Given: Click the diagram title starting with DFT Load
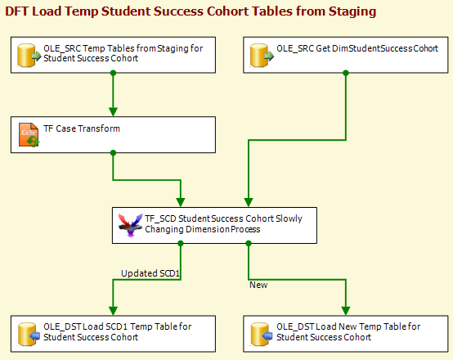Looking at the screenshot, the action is tap(191, 11).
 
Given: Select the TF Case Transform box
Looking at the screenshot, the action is tap(113, 134).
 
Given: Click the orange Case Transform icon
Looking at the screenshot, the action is tap(29, 135).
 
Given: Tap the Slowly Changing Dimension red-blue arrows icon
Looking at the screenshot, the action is tap(130, 225).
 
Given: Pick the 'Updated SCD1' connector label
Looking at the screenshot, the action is tap(150, 273).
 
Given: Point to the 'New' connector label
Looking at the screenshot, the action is tap(258, 285).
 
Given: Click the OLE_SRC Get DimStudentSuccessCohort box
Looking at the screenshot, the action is tap(346, 55).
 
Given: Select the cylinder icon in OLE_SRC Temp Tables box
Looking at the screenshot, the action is tap(29, 56).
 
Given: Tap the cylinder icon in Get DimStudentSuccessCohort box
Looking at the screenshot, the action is tap(262, 56).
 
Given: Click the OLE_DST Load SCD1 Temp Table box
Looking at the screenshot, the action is tap(113, 334).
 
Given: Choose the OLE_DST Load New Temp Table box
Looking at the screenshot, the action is tap(346, 334).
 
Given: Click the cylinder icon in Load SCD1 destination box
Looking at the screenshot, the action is tap(29, 335).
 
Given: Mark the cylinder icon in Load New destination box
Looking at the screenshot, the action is tap(262, 335).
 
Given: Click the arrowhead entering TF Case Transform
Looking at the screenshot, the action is tap(113, 112).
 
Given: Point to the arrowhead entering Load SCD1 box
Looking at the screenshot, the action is tap(113, 311).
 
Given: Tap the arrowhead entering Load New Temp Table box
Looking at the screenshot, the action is tap(346, 311).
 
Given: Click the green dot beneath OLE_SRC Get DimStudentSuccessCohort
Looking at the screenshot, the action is tap(346, 73).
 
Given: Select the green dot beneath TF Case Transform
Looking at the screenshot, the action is tap(113, 153).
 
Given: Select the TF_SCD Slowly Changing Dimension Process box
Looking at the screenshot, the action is tap(214, 225).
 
